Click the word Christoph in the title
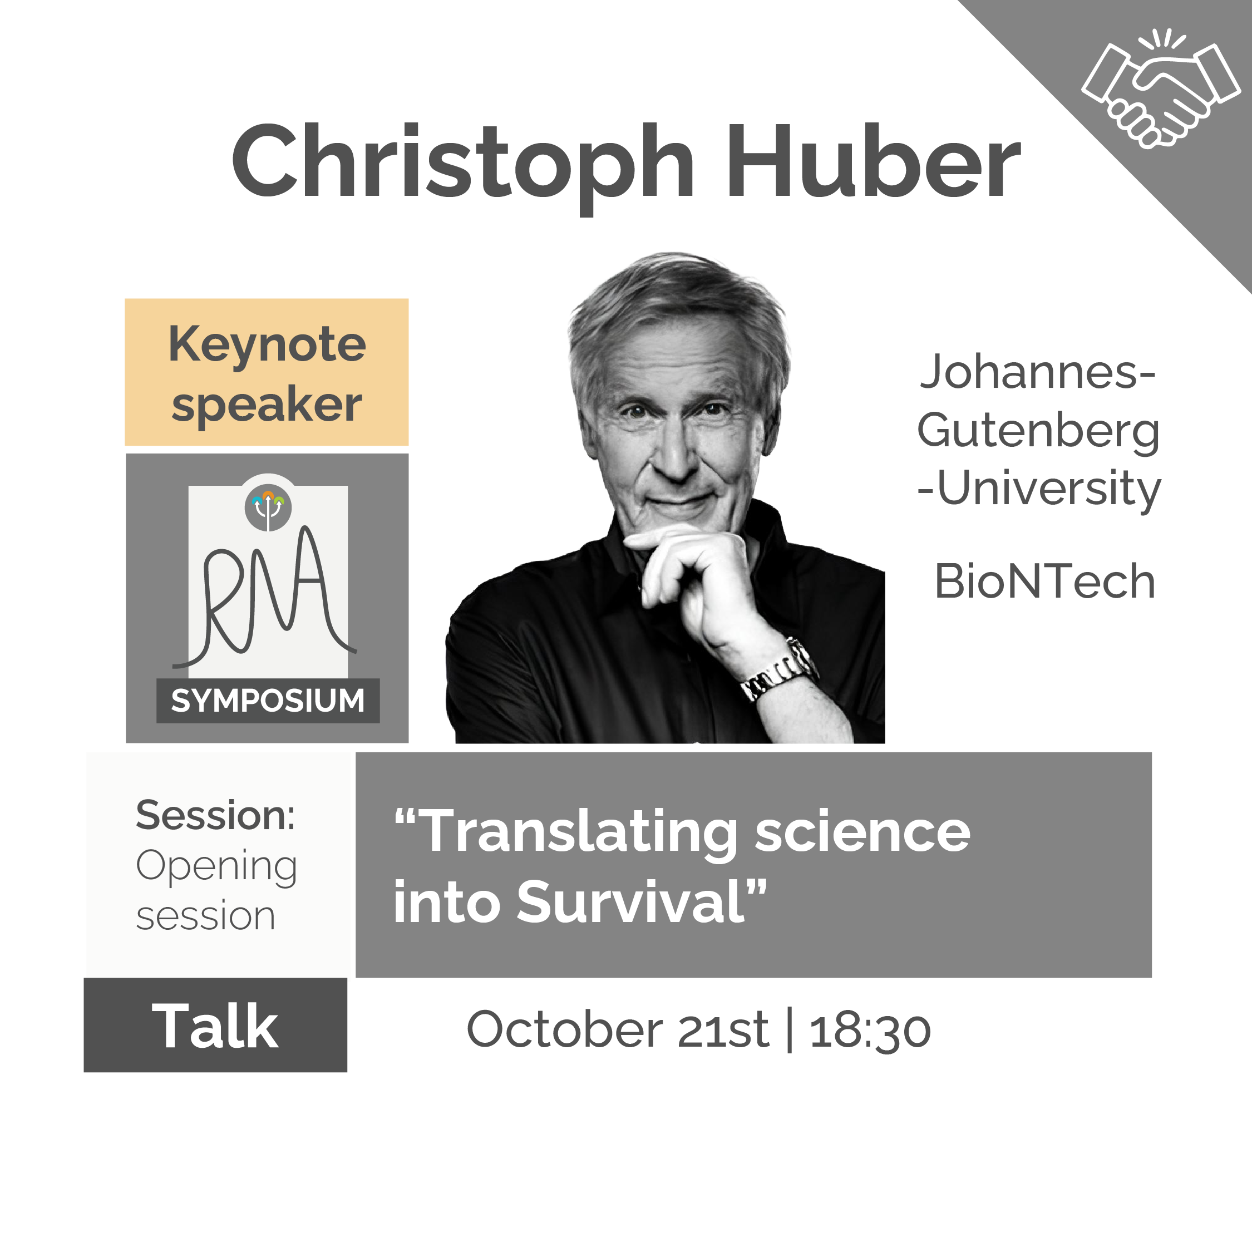463,162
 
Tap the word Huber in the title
871,162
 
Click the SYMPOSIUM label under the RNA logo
268,701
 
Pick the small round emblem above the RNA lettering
268,507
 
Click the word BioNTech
1044,581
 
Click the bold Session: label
215,815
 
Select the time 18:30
870,1031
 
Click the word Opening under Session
216,866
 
